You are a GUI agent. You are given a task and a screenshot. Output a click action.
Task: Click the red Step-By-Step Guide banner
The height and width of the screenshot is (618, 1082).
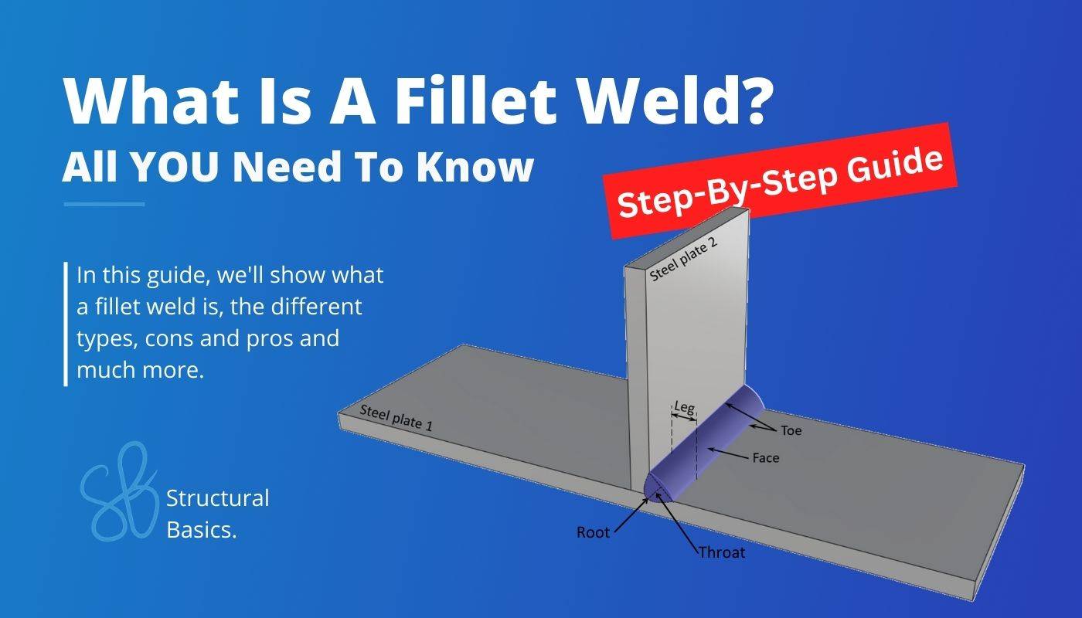(780, 181)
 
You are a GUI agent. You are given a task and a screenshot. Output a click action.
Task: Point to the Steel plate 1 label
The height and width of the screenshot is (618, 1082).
(396, 418)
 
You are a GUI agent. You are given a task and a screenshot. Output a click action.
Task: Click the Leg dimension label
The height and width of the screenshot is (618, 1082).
(685, 408)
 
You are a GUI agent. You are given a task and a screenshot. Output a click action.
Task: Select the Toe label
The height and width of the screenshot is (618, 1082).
(791, 430)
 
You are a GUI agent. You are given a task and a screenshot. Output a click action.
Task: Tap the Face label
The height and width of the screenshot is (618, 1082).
(766, 457)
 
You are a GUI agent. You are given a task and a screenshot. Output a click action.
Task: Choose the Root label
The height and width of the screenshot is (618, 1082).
(594, 532)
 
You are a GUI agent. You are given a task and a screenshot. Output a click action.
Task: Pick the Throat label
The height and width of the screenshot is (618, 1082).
(722, 552)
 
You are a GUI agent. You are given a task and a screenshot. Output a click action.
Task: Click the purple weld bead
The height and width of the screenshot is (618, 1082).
(705, 443)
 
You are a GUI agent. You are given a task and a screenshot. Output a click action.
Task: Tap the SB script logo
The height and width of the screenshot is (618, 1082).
(119, 491)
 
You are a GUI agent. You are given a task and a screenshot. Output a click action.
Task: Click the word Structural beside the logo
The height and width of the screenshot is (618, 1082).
(218, 498)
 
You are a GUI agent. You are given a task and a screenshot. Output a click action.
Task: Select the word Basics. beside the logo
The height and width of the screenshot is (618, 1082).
(202, 530)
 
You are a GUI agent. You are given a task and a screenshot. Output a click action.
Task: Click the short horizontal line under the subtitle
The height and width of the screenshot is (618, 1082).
(104, 204)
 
